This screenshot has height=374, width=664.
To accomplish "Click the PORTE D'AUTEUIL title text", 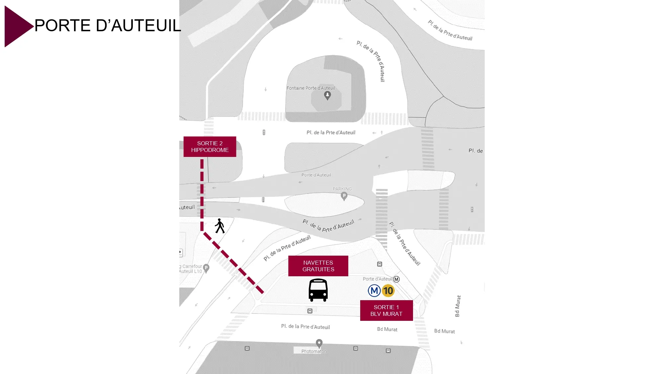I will pos(108,26).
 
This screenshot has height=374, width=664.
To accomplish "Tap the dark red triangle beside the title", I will pos(17,26).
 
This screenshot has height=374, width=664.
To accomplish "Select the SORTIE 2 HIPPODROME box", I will pos(210,147).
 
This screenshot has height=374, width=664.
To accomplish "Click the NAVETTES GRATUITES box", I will pos(318,266).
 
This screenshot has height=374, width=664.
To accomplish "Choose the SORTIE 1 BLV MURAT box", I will pos(386,311).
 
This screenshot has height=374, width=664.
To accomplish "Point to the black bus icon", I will pos(318,290).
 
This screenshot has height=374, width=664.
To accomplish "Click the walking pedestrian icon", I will pos(219,226).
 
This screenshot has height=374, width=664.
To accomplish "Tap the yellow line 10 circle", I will pos(388,291).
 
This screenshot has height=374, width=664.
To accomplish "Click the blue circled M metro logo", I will pos(374,291).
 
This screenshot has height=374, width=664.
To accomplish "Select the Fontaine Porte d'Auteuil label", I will pos(310,88).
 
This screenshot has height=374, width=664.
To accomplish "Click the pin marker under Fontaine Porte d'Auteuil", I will pos(327,96).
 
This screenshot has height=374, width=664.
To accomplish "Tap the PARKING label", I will pos(342,189).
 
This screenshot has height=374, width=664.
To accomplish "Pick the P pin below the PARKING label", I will pos(344,196).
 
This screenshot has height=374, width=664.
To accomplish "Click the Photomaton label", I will pos(314,351).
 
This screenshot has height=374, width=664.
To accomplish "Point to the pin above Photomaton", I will pos(319,343).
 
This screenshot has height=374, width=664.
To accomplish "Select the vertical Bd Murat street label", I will pos(458,306).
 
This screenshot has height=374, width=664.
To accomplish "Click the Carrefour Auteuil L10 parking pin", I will pos(206,268).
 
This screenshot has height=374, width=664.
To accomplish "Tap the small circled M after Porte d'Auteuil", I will pos(396,279).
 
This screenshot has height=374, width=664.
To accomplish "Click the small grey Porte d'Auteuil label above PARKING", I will pos(316,175).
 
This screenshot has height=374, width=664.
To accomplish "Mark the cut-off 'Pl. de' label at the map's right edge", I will pos(475,151).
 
